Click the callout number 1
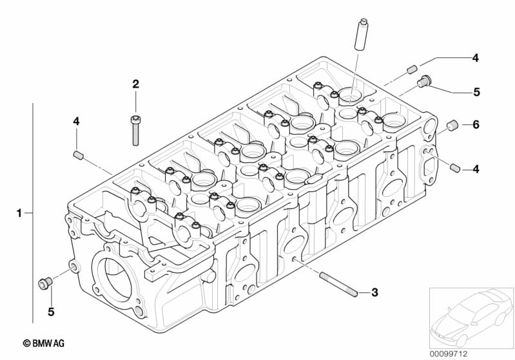pyautogui.click(x=19, y=213)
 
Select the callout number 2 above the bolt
pyautogui.click(x=135, y=84)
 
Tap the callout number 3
pyautogui.click(x=374, y=292)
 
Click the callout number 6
pyautogui.click(x=476, y=125)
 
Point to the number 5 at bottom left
pyautogui.click(x=51, y=312)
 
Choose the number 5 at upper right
pyautogui.click(x=476, y=92)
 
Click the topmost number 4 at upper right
pyautogui.click(x=475, y=58)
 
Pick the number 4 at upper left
pyautogui.click(x=76, y=122)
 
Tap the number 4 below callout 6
pyautogui.click(x=476, y=169)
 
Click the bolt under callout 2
pyautogui.click(x=135, y=130)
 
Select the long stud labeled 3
pyautogui.click(x=338, y=285)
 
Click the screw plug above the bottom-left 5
pyautogui.click(x=46, y=283)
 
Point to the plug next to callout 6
pyautogui.click(x=452, y=126)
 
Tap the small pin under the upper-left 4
pyautogui.click(x=78, y=155)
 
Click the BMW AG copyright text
pyautogui.click(x=44, y=343)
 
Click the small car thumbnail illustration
pyautogui.click(x=471, y=318)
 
